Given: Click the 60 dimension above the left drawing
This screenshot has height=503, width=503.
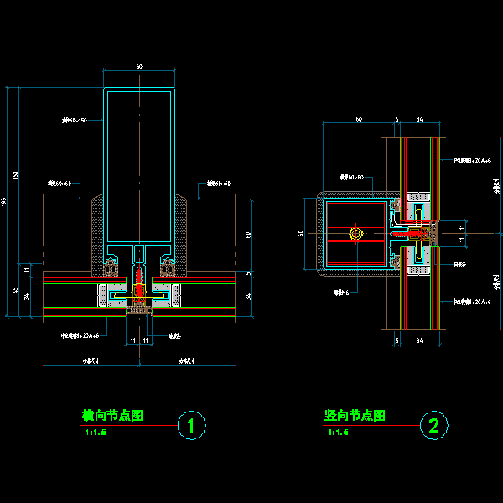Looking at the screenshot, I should click(139, 65).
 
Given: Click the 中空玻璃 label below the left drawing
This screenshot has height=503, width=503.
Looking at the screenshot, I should click(86, 334).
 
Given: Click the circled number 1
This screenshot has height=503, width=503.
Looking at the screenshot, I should click(192, 427).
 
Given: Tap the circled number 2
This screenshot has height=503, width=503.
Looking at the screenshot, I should click(433, 426).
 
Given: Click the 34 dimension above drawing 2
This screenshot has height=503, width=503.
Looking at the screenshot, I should click(419, 120).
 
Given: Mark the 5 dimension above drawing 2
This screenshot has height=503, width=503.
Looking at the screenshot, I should click(397, 120).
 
